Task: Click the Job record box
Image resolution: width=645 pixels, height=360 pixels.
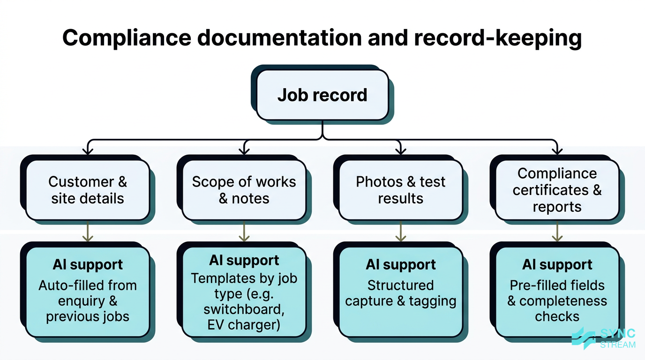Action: coord(322,95)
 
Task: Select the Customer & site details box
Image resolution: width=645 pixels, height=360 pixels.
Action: coord(87,190)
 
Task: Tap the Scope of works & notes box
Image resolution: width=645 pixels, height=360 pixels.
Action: coord(244,190)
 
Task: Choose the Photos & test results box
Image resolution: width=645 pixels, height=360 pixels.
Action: coord(400,190)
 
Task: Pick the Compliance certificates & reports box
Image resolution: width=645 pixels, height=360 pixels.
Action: coord(557,190)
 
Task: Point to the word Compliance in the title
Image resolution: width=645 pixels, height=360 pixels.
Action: coord(128,37)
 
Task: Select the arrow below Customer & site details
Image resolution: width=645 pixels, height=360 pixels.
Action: coord(88,233)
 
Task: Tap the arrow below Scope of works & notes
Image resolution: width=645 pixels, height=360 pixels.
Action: coord(244,233)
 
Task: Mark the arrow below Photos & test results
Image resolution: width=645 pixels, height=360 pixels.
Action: coord(400,233)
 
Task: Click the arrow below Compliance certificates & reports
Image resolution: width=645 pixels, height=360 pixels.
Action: coord(557,233)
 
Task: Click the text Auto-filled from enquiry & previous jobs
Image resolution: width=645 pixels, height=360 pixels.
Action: coord(87,301)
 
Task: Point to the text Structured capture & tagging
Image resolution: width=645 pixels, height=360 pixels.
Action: coord(400,293)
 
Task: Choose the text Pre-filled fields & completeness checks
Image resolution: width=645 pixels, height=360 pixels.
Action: coord(557,301)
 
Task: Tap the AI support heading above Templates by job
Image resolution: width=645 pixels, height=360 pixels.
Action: coord(244,261)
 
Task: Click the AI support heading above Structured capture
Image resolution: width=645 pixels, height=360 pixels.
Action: coord(400,265)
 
